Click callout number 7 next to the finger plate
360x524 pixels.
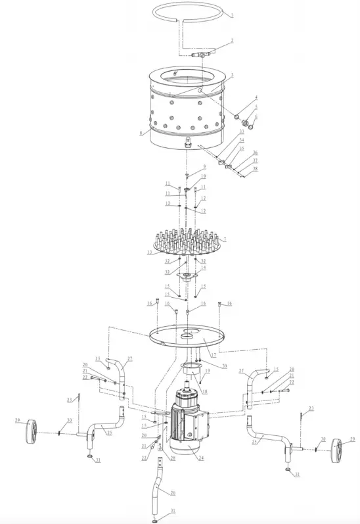click(225, 241)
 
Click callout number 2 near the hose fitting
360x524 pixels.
click(231, 41)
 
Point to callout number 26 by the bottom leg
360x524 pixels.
click(173, 492)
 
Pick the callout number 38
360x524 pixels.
click(256, 168)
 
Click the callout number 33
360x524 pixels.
click(241, 131)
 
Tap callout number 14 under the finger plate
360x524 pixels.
click(204, 268)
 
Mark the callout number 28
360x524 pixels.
click(172, 440)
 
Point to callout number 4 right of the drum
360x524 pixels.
click(256, 99)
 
